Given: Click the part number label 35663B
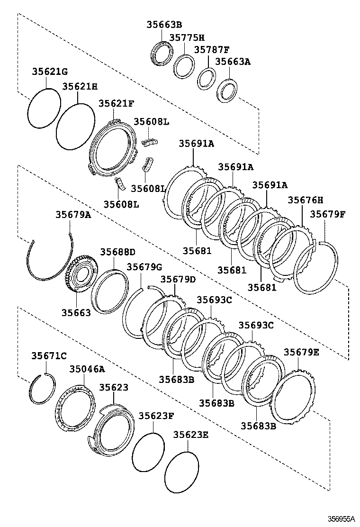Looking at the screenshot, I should [164, 25].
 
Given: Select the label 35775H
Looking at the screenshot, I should [187, 37].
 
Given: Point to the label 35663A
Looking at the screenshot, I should [233, 61].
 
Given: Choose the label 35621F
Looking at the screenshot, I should [116, 103].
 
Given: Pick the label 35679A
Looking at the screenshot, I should [73, 214].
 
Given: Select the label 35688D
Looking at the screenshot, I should [117, 251].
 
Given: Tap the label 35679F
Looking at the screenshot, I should [328, 214].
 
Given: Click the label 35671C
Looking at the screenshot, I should [49, 355].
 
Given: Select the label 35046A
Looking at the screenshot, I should [87, 369].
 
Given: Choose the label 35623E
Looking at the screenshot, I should [190, 434].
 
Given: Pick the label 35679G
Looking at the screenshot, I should [144, 267].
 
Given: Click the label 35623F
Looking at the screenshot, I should [156, 416].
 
